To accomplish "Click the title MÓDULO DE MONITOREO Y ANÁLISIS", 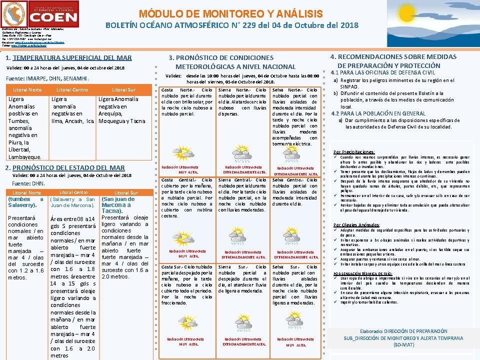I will (230, 14).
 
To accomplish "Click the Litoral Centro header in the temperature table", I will (72, 90).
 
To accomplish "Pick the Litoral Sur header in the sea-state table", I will (126, 192).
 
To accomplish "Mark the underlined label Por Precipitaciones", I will (354, 152).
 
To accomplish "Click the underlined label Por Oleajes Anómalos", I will (356, 225).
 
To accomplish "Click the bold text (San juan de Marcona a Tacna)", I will (118, 204).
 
